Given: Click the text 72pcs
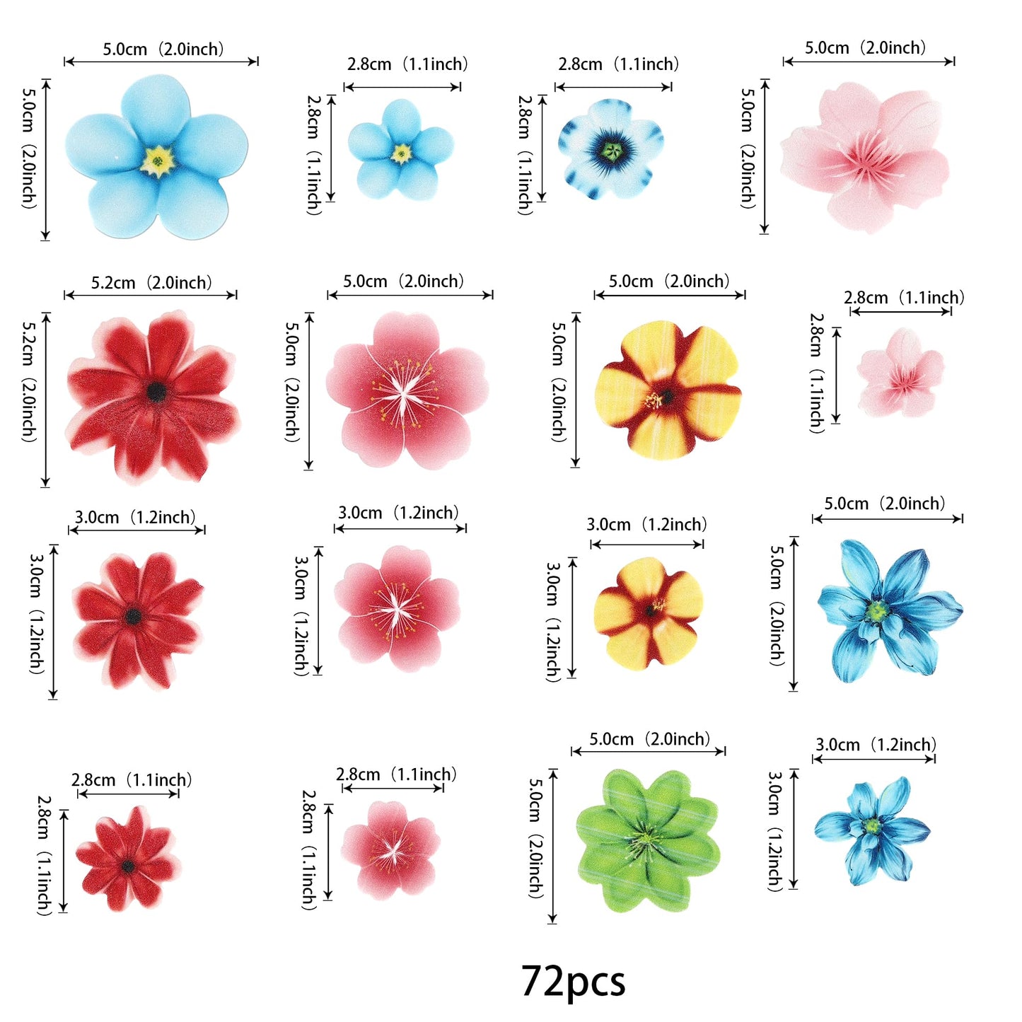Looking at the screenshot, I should click(573, 982).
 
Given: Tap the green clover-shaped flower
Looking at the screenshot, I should click(646, 840).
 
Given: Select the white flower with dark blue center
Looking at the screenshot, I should click(611, 149).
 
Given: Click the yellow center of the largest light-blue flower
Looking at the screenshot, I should click(158, 161).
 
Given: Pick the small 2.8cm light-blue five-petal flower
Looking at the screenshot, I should click(400, 150).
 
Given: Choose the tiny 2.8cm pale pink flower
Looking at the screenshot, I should click(901, 373).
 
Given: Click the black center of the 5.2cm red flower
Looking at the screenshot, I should click(156, 391).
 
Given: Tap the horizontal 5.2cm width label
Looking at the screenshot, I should click(151, 283).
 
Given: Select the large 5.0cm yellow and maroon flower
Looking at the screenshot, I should click(666, 390).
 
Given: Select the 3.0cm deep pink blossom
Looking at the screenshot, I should click(397, 608).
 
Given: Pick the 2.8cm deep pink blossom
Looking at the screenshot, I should click(390, 849).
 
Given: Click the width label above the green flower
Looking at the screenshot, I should click(649, 740).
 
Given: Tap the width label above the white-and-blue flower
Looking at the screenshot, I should click(618, 64).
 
